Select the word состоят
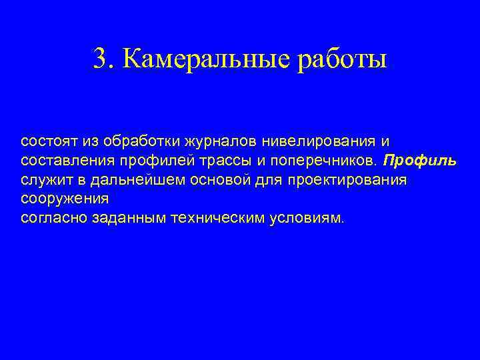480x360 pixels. [49, 142]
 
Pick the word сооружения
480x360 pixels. [65, 199]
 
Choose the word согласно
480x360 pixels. [51, 217]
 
